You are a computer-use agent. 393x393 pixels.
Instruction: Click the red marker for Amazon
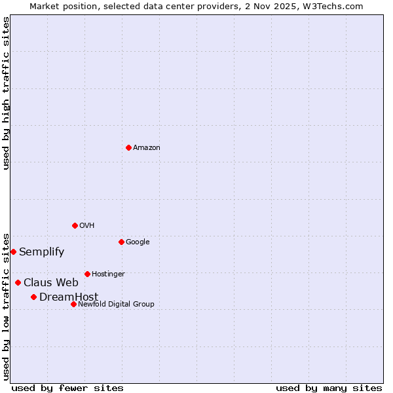pos(128,147)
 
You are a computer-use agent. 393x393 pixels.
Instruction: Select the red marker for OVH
pos(75,225)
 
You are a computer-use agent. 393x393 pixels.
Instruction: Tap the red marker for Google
pos(121,242)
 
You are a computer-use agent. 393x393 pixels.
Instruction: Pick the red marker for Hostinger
pos(87,274)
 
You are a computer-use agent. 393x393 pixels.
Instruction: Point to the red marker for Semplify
pos(13,252)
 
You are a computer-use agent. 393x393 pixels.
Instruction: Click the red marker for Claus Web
pos(18,282)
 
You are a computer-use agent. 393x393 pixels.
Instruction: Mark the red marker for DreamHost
pos(33,297)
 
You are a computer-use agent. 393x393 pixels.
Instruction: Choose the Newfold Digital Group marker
pos(73,304)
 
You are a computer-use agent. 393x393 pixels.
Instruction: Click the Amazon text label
pos(147,148)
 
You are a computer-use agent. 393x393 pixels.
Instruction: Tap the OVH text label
pos(87,226)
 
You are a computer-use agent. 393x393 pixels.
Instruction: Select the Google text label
pos(138,242)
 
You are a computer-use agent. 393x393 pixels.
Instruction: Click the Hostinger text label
pos(108,274)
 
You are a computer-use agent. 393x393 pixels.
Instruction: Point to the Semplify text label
pos(42,252)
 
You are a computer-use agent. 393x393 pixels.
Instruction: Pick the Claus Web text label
pos(51,283)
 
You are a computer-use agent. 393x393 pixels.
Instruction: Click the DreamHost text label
pos(69,297)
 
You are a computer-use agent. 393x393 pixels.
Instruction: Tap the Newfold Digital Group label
pos(116,305)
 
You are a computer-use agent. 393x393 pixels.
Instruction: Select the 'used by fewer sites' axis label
pos(67,388)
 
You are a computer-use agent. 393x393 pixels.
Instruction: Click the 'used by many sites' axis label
pos(329,388)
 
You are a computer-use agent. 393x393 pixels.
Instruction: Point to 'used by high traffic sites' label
pos(6,93)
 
